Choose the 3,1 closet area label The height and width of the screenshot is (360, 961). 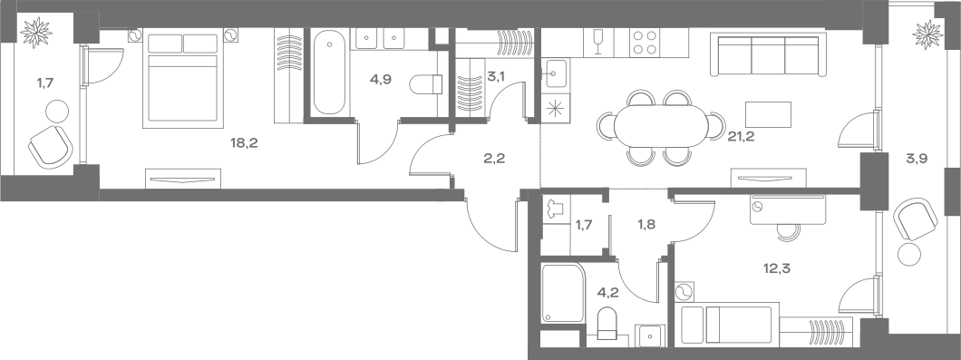[496, 76]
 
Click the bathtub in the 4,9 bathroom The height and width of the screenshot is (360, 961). [327, 73]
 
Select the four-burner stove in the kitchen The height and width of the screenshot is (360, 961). [645, 43]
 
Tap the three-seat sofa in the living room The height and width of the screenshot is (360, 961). [769, 55]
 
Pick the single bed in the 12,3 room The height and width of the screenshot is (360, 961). [725, 324]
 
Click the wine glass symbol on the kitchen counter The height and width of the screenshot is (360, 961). [597, 39]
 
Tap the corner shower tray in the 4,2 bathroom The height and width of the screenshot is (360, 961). [564, 293]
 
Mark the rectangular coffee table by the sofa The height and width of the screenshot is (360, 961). [768, 113]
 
